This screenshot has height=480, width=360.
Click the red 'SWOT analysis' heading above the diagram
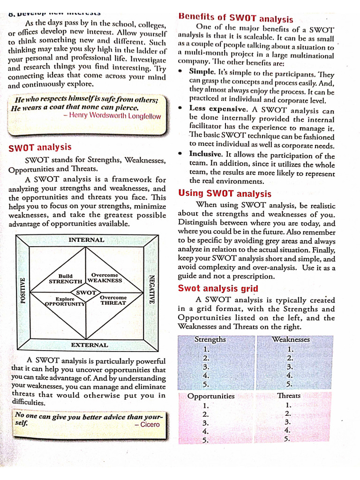click(40, 148)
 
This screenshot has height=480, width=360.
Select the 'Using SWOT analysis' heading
click(225, 194)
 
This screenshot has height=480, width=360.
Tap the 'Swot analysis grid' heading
click(218, 288)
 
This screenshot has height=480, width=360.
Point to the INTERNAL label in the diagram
click(86, 240)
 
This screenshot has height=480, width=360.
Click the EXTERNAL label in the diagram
click(90, 345)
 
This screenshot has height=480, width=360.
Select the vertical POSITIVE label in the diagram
click(22, 290)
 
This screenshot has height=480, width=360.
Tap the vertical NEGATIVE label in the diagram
click(151, 289)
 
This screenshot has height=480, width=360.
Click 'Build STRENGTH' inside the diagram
click(65, 279)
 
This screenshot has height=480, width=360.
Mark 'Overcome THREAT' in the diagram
click(113, 300)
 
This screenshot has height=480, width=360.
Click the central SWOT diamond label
click(86, 292)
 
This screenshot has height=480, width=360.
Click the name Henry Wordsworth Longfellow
click(115, 116)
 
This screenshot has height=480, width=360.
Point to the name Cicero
click(150, 424)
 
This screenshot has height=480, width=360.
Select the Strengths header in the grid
click(210, 339)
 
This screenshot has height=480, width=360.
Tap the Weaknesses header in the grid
click(291, 339)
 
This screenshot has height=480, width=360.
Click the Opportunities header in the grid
click(211, 396)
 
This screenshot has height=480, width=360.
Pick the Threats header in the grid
click(289, 396)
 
